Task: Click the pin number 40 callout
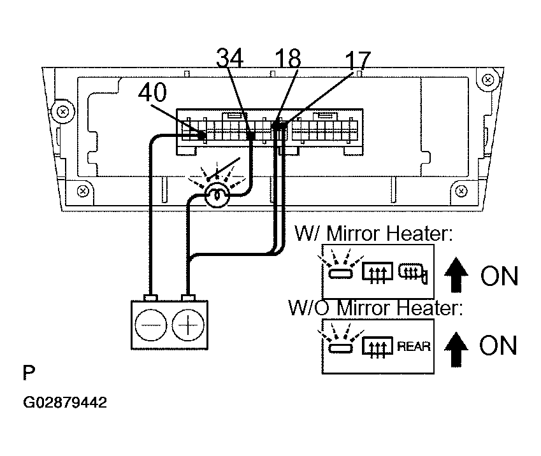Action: tap(152, 92)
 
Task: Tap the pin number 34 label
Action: tap(230, 57)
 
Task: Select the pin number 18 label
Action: tap(288, 58)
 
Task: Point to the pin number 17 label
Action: tap(357, 61)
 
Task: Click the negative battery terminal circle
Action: tap(151, 325)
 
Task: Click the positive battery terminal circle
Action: tap(188, 325)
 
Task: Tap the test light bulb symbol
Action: tap(217, 196)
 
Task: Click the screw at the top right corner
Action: tap(487, 80)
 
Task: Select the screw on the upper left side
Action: tap(63, 112)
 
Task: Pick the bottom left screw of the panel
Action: tap(83, 191)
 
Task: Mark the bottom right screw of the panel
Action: tap(461, 191)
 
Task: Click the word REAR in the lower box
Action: tap(414, 346)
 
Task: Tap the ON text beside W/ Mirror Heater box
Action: tap(499, 276)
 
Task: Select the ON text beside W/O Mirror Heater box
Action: tap(498, 345)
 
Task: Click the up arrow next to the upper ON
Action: tap(456, 274)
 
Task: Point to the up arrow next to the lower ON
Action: tap(456, 349)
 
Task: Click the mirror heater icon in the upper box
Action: tap(413, 273)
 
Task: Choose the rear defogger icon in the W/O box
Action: tap(377, 346)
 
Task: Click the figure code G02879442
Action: tap(65, 403)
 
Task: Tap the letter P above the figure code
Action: tap(29, 373)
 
